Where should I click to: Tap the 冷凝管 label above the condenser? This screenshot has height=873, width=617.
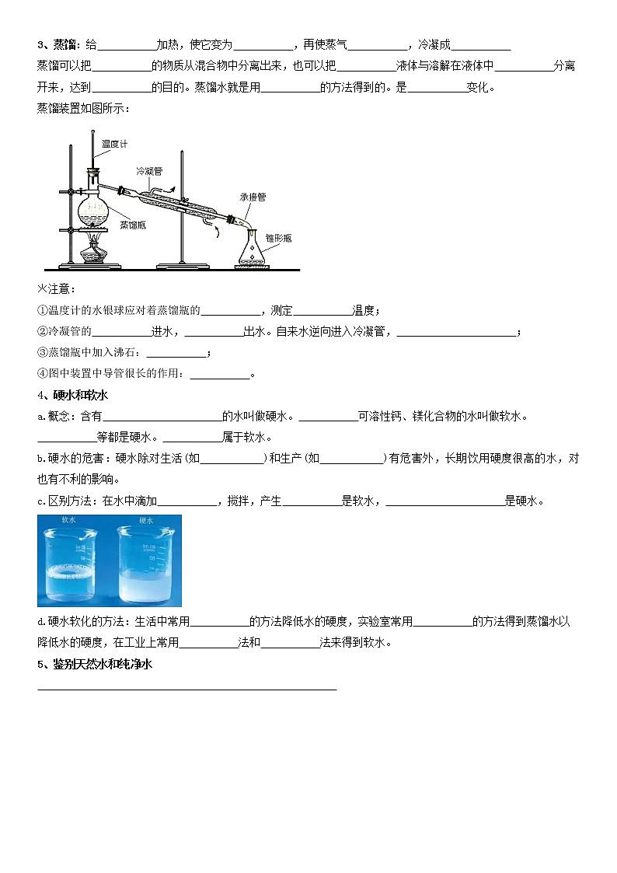pos(148,170)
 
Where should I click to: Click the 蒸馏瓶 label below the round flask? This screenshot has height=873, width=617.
pos(133,224)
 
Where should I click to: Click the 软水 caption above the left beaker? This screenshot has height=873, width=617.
pos(68,520)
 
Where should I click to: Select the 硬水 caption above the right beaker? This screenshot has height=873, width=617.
pos(146,520)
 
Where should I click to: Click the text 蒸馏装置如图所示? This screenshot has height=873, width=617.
pos(84,108)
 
